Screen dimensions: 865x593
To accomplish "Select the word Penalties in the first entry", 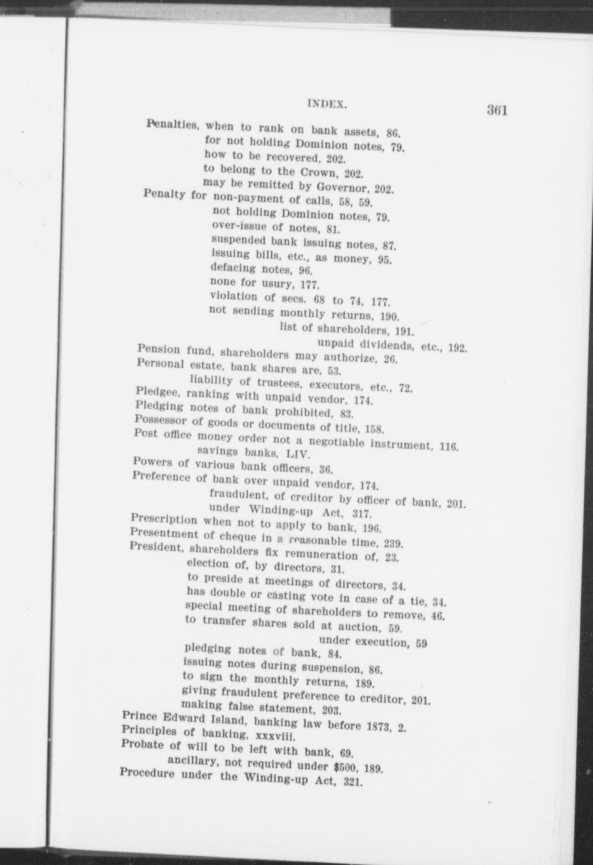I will tap(173, 125).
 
